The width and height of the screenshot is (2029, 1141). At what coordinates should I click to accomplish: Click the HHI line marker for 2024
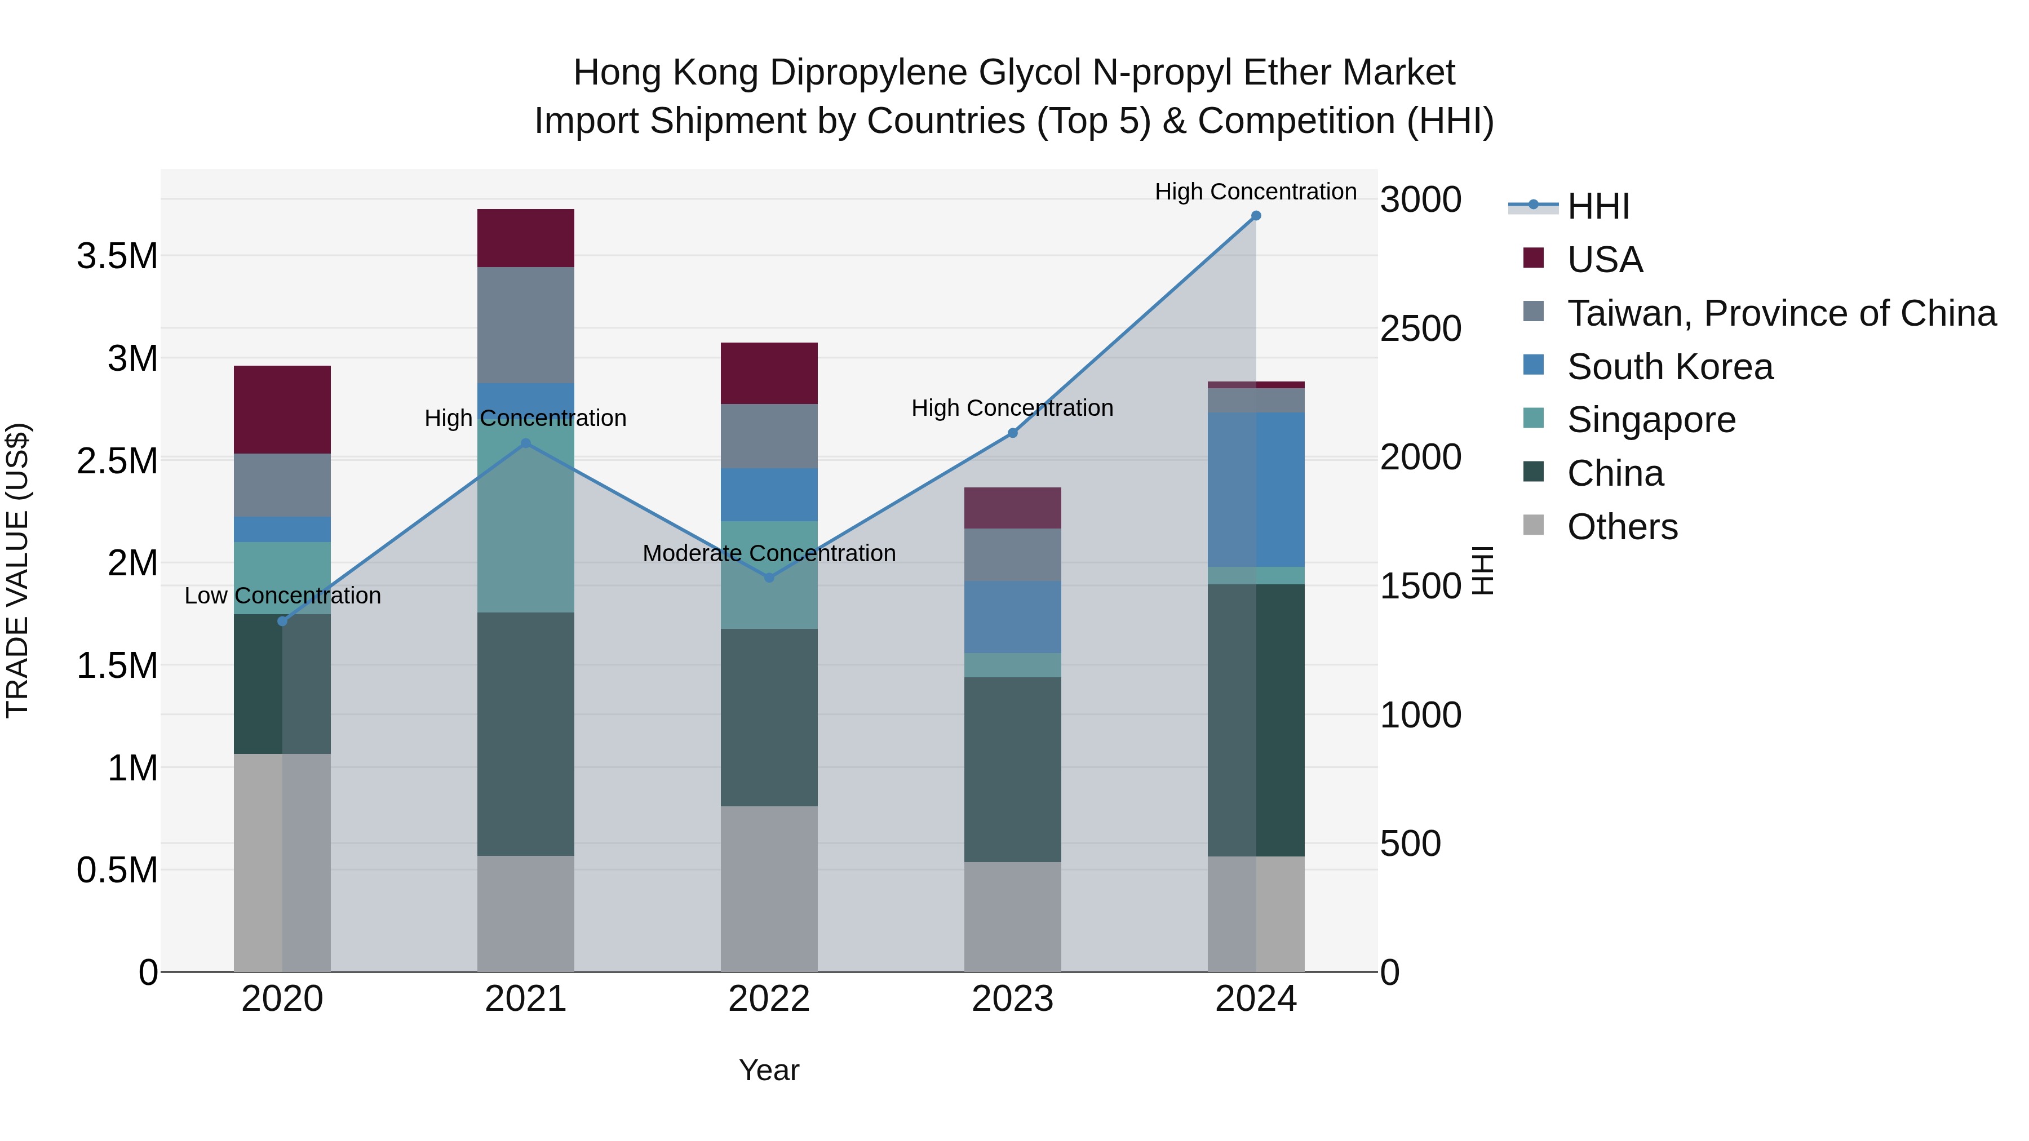coord(1256,216)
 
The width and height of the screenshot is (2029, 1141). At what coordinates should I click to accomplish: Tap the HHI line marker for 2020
coord(283,621)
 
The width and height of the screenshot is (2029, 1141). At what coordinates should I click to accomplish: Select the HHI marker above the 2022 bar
coord(769,578)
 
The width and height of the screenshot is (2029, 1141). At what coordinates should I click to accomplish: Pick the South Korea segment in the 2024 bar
coord(1256,489)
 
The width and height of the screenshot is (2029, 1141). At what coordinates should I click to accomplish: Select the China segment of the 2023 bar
coord(1012,769)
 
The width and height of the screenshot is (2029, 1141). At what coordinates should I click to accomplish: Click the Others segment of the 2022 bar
coord(769,888)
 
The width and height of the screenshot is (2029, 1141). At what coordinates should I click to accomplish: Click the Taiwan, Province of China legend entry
coord(1781,313)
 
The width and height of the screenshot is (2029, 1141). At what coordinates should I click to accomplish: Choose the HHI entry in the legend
coord(1597,206)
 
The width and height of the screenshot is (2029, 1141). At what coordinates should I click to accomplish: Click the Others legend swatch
coord(1534,525)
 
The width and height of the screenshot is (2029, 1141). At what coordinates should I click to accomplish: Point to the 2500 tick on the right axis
coord(1420,328)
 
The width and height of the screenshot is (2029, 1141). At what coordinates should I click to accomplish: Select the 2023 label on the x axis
coord(1012,999)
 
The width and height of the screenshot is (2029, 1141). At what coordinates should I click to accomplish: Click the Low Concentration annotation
coord(283,596)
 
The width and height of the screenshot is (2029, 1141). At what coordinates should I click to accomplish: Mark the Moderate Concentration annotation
coord(769,553)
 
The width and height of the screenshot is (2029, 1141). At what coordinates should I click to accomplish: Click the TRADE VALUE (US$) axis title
coord(17,570)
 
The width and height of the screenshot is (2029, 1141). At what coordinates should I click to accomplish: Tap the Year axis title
coord(769,1070)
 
